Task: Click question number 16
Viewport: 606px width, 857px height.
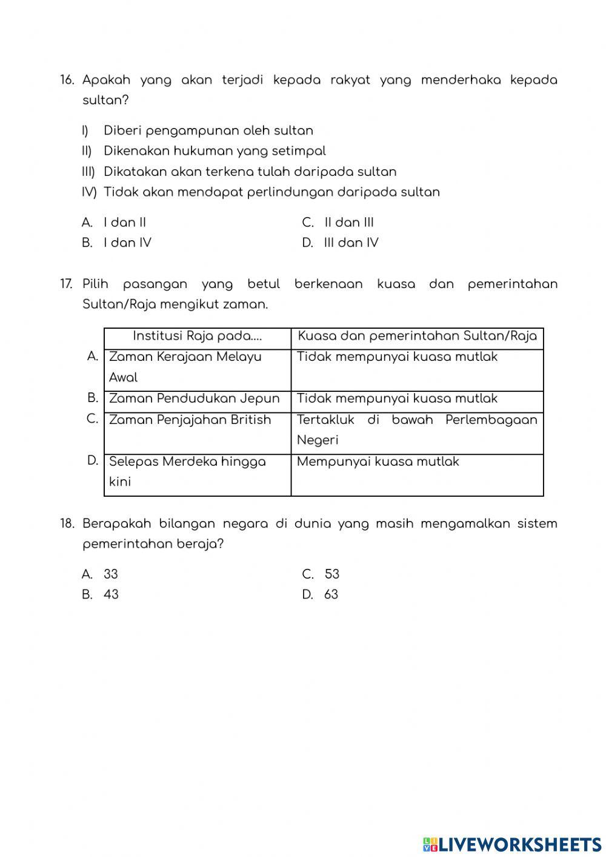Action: [67, 80]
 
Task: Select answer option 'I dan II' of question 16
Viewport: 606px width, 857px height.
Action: [125, 223]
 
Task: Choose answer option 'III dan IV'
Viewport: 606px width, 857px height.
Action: [351, 243]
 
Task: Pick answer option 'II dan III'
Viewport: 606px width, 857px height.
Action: [349, 223]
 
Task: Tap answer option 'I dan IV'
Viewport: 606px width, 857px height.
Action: [127, 243]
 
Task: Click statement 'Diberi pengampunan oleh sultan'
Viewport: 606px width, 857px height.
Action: [208, 131]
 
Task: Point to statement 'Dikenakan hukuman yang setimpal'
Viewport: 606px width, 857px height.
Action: [215, 151]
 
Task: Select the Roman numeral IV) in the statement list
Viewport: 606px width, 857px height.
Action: [89, 192]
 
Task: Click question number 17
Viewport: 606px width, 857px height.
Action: [67, 284]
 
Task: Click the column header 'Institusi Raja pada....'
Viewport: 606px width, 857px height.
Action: [198, 337]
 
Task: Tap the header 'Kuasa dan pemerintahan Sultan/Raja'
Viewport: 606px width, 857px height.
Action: [417, 337]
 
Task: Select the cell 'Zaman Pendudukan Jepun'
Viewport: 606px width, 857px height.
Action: [195, 399]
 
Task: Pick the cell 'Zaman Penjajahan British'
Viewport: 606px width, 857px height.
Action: [190, 420]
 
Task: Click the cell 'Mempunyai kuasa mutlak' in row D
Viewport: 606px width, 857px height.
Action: [378, 462]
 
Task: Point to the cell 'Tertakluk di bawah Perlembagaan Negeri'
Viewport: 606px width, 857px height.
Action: [417, 430]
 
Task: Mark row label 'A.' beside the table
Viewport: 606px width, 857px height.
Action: [93, 357]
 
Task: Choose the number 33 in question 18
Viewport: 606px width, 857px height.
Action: [111, 574]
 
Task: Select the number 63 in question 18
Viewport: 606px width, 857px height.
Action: [331, 595]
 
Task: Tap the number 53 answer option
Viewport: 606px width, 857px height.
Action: [331, 574]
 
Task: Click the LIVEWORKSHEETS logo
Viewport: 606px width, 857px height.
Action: [512, 844]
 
